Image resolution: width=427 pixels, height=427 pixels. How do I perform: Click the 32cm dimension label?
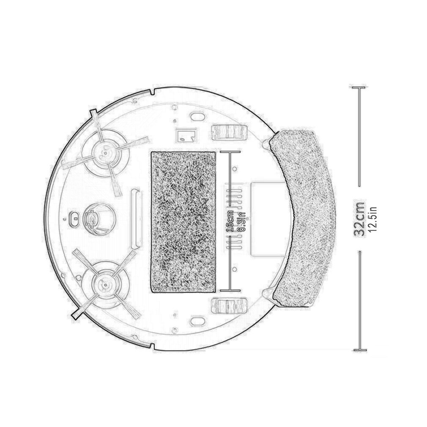[359, 218]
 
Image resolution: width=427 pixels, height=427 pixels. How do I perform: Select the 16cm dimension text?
[230, 221]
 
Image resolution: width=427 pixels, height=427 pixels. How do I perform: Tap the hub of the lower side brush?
[103, 284]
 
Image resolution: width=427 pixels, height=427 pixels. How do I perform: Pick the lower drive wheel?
[228, 306]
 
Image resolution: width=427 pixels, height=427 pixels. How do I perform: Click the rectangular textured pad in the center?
[183, 222]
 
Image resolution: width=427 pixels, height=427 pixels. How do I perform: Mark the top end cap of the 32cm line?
[359, 88]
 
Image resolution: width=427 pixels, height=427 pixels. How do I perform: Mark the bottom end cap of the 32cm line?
[360, 350]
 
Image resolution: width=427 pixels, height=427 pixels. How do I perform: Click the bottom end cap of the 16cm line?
[230, 290]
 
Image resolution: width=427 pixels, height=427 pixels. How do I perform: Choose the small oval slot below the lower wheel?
[198, 321]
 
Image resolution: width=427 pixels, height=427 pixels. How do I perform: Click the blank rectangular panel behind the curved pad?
[266, 218]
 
